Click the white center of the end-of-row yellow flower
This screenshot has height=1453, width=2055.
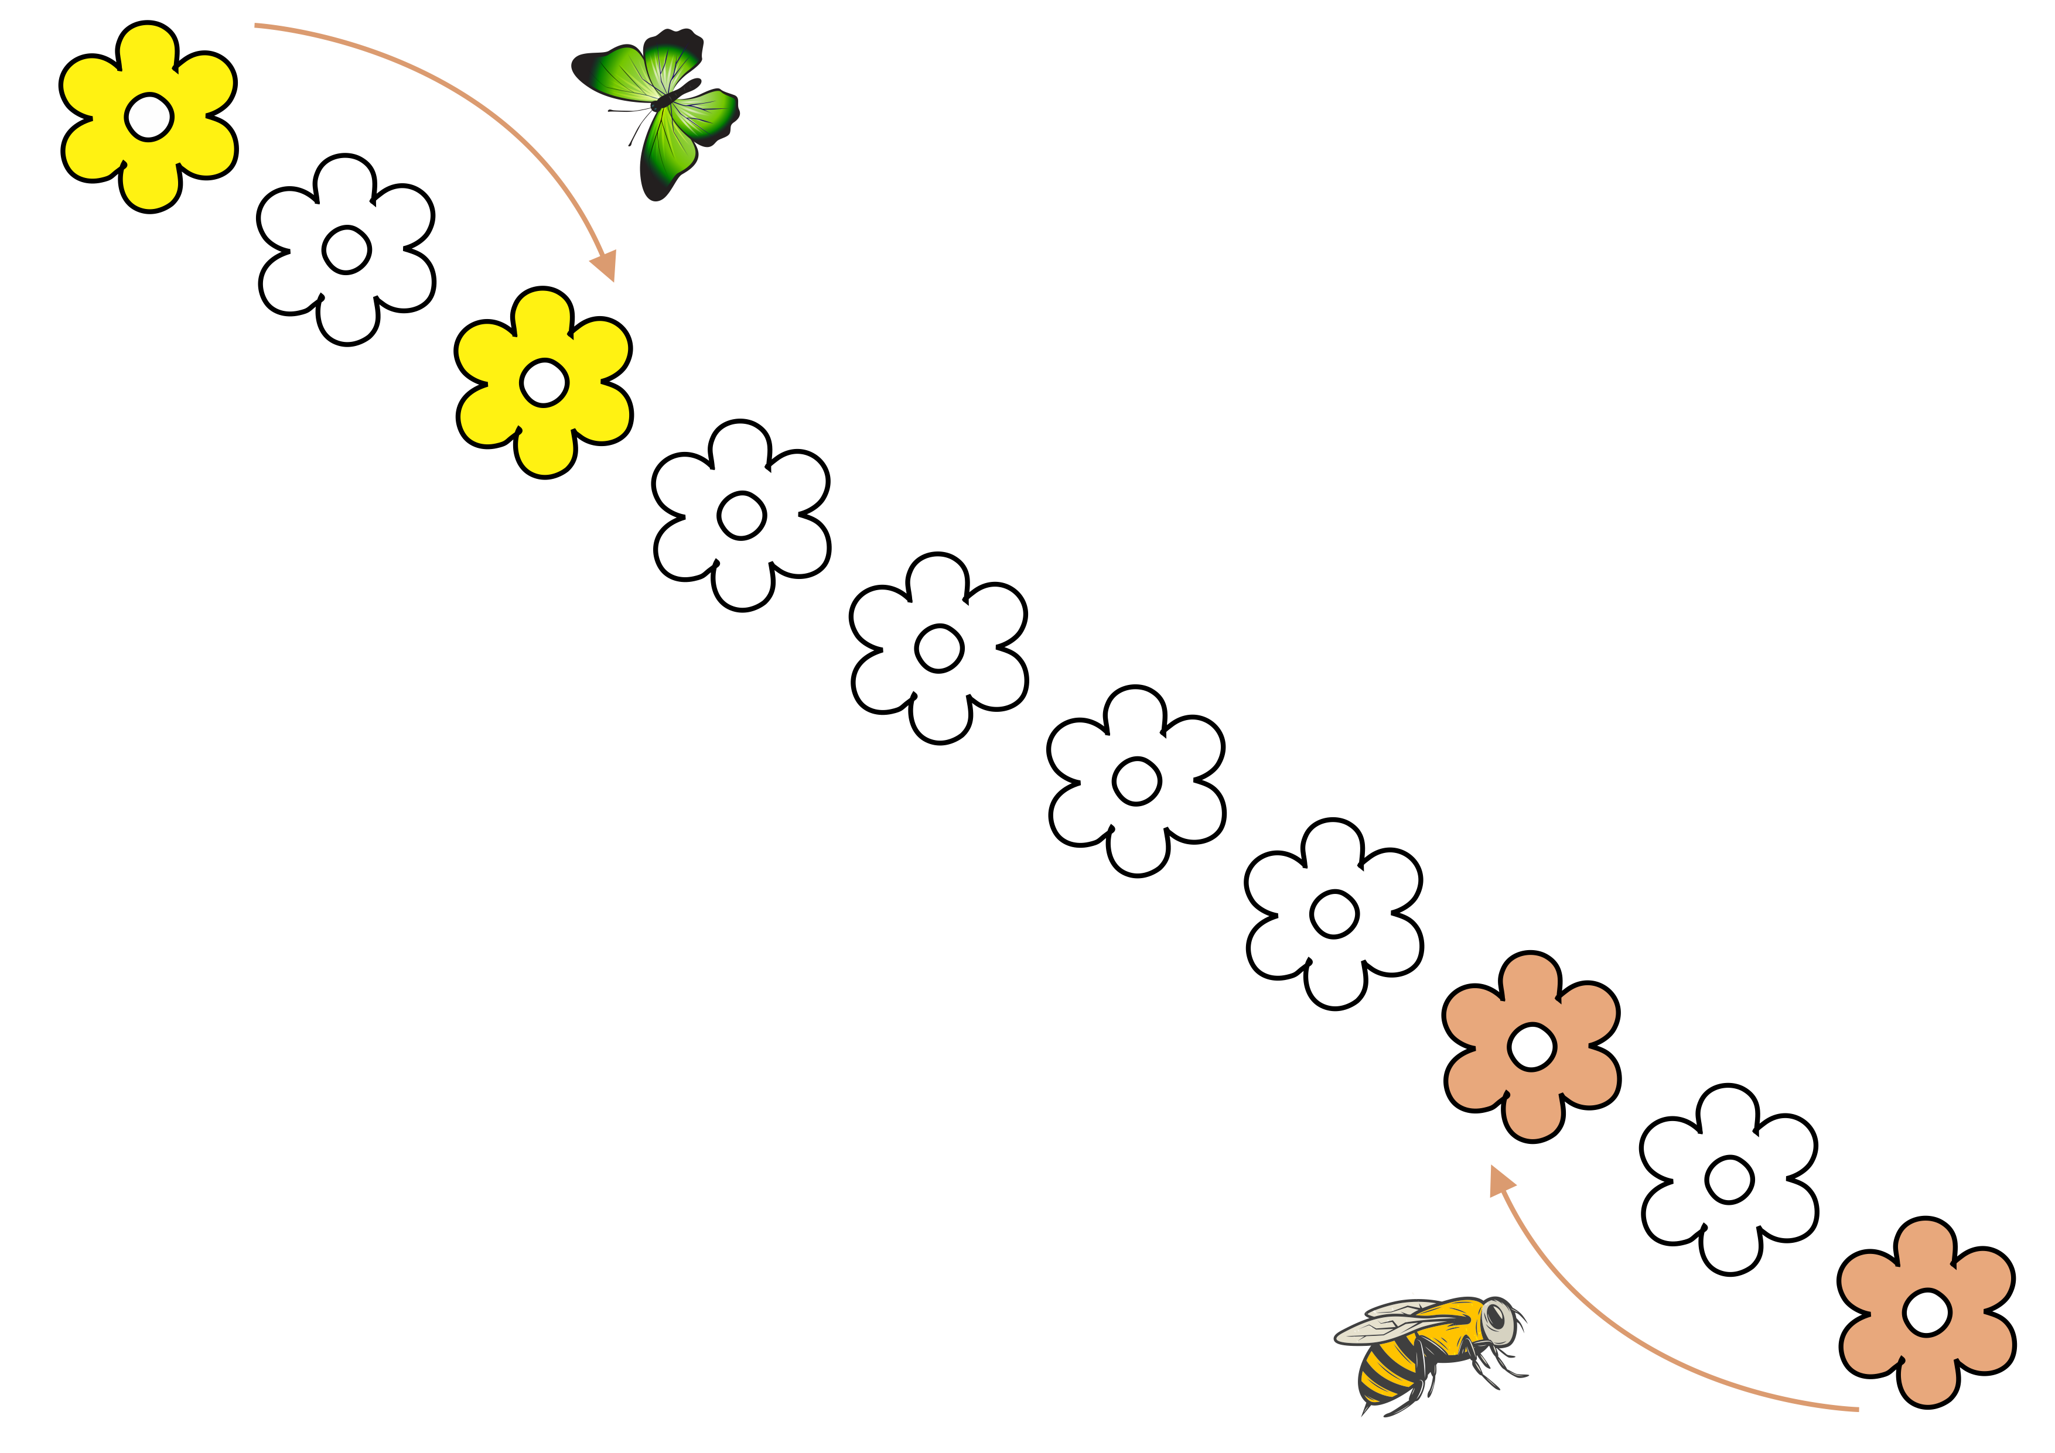(149, 116)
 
